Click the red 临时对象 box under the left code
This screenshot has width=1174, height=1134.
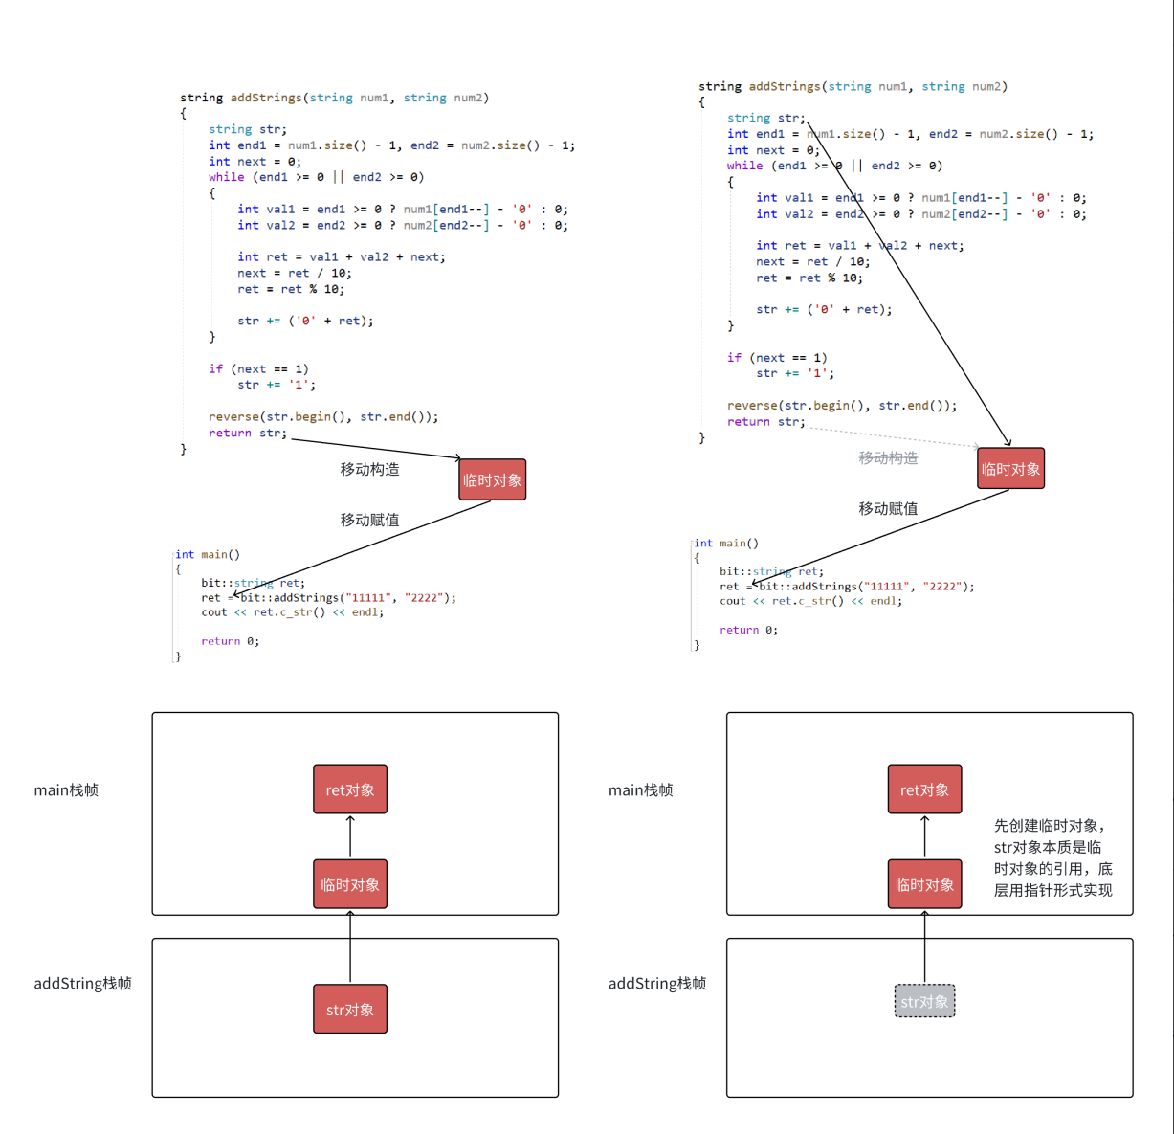point(492,480)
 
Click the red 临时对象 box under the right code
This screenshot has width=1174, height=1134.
point(1010,469)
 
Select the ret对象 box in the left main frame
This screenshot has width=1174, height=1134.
point(350,789)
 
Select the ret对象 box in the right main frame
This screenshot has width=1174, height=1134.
point(924,789)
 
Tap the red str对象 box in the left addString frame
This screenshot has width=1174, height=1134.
point(350,1010)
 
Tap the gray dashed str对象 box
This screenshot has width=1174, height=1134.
point(924,1001)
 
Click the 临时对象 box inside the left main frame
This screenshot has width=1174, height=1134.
point(350,884)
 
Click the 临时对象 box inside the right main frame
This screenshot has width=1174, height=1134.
point(924,884)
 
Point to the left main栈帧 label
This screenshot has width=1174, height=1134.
point(66,790)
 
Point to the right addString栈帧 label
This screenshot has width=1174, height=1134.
point(657,984)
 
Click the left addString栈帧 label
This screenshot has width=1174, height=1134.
point(82,984)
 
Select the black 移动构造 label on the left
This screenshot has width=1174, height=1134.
point(370,469)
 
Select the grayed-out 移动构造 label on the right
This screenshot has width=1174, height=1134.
point(888,458)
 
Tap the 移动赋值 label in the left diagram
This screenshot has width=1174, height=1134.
point(370,520)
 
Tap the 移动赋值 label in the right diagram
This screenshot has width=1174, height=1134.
point(888,508)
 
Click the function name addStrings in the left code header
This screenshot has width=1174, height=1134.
point(266,98)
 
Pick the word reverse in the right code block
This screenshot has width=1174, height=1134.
point(752,406)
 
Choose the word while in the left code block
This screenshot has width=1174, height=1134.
point(227,177)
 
